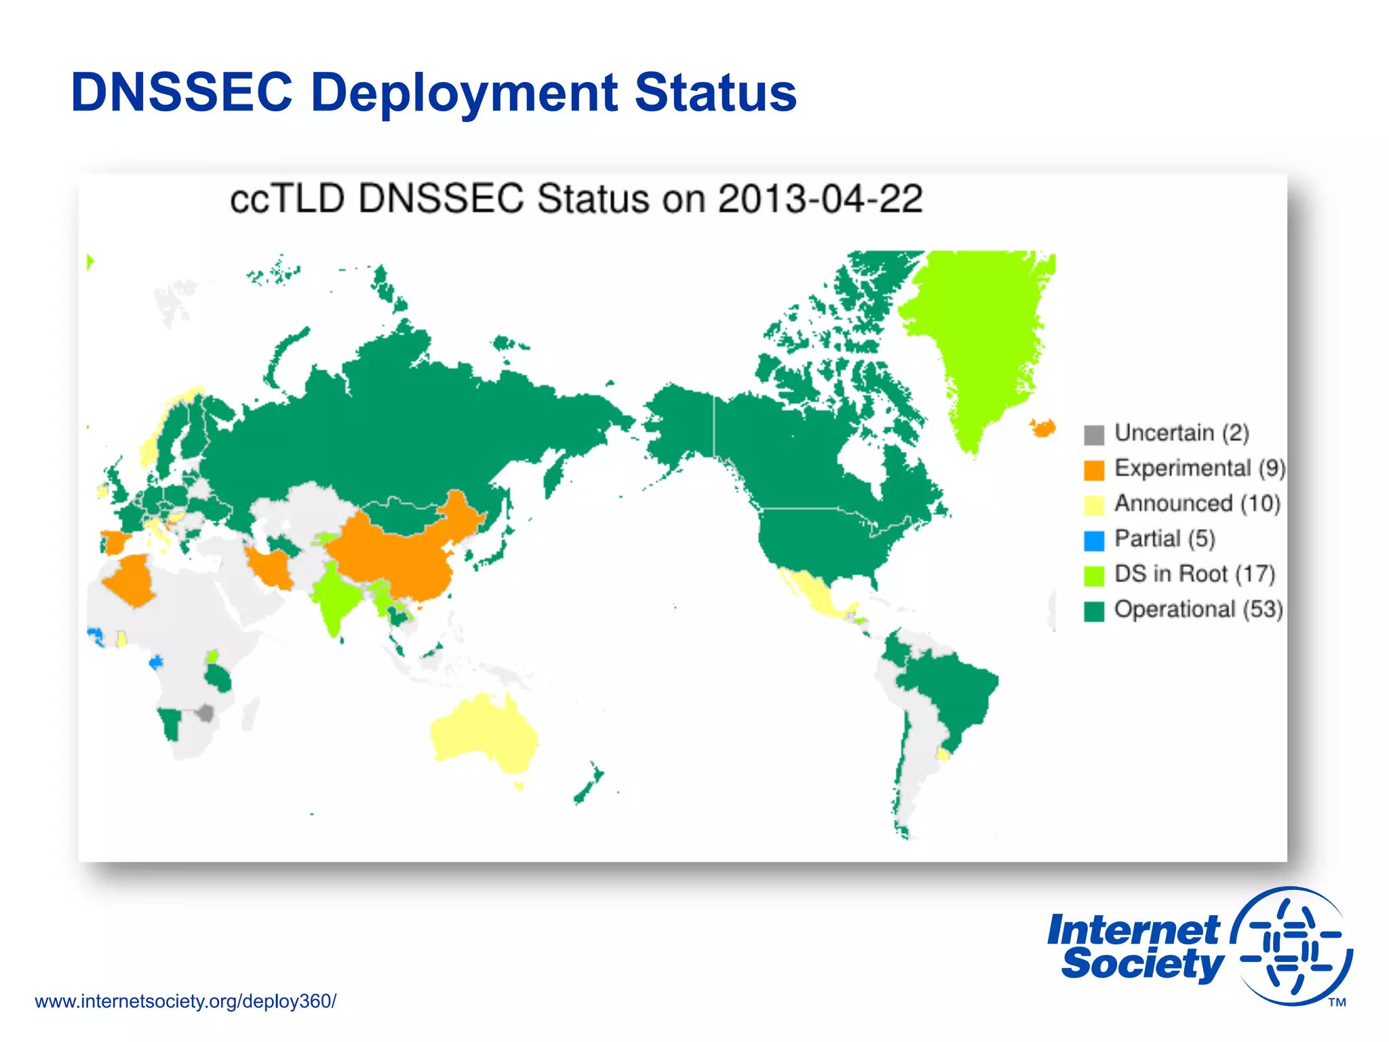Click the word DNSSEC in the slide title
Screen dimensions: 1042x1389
182,93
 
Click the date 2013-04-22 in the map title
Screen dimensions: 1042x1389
820,199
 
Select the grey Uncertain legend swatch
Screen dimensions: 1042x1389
1094,435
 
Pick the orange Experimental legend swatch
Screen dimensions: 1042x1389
1094,470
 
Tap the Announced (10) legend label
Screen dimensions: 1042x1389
1197,504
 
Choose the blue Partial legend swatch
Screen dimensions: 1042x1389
1094,541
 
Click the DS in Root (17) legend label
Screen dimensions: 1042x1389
1194,575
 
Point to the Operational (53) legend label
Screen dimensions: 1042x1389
1198,610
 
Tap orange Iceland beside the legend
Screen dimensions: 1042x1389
1042,428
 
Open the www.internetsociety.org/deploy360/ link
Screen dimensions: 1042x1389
185,1001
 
